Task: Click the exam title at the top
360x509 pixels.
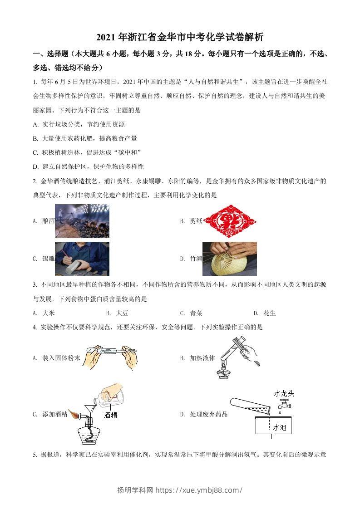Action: [x=180, y=37]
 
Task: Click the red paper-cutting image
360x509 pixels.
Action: [x=229, y=220]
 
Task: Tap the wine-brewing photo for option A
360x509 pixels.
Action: [x=82, y=221]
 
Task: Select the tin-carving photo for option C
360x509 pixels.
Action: [x=82, y=258]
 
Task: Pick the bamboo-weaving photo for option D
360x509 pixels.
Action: [x=229, y=259]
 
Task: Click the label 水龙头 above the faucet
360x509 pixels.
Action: [x=284, y=393]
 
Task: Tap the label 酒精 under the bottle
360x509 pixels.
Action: [x=110, y=415]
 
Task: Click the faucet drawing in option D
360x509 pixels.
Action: [x=283, y=405]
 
